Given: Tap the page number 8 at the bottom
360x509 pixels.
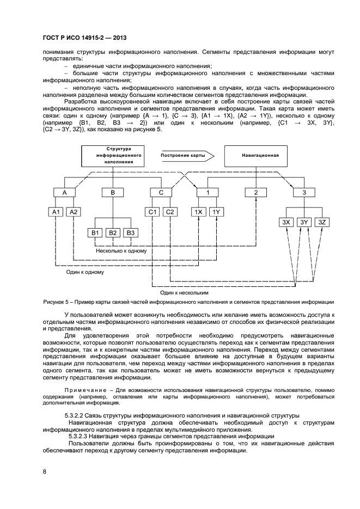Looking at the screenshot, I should pyautogui.click(x=44, y=471).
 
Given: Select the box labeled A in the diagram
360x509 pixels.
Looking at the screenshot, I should pyautogui.click(x=65, y=193).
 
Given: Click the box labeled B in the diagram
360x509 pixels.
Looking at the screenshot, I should pyautogui.click(x=113, y=193).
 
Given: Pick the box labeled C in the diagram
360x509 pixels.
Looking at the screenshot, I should pyautogui.click(x=161, y=193).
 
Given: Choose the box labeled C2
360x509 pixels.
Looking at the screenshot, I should pyautogui.click(x=170, y=212).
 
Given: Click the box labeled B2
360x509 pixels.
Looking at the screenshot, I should pyautogui.click(x=113, y=232).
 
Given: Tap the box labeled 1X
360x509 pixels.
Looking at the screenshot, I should pyautogui.click(x=199, y=212).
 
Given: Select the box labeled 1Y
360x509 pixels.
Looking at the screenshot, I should pyautogui.click(x=216, y=212).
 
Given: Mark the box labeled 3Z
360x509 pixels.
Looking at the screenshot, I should pyautogui.click(x=322, y=222).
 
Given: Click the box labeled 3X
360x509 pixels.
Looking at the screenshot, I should pyautogui.click(x=286, y=222).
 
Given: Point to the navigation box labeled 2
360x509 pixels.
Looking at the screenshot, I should pyautogui.click(x=255, y=193).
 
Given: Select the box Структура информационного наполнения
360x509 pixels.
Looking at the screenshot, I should pyautogui.click(x=114, y=155).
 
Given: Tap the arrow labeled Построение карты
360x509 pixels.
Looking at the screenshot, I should pyautogui.click(x=184, y=155).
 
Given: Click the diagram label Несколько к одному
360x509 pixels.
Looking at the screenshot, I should pyautogui.click(x=121, y=251).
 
